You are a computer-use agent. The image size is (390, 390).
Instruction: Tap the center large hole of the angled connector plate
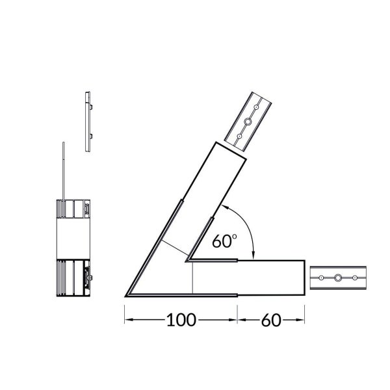[248, 121]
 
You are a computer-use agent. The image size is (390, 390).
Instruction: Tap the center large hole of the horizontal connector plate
[339, 279]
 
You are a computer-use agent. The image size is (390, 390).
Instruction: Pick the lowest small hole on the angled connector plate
[240, 136]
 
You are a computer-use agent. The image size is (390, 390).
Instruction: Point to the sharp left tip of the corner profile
[125, 296]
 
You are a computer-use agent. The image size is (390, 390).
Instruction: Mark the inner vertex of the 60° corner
[186, 261]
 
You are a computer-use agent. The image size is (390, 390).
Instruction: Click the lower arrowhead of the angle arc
[253, 256]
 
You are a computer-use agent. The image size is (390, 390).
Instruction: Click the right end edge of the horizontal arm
[304, 278]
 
